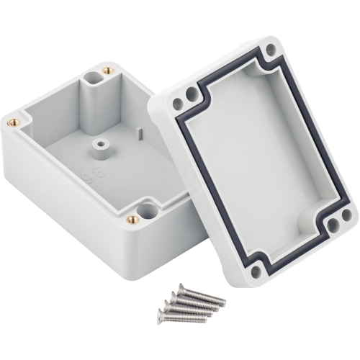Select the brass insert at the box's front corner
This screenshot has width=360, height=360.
tap(131, 219)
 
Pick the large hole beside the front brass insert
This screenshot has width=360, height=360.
tap(149, 211)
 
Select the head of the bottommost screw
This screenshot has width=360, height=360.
tap(163, 314)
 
